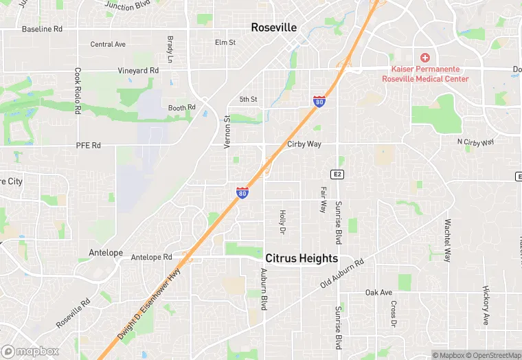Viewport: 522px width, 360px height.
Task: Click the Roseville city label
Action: [273, 28]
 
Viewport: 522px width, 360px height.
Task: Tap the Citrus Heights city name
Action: [302, 258]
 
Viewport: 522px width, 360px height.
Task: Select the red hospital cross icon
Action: [425, 58]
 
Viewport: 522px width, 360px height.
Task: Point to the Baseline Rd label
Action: [42, 30]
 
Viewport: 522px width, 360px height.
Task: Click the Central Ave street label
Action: [108, 45]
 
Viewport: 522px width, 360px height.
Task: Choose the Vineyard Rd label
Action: [137, 71]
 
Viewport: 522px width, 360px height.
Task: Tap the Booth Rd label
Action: [182, 108]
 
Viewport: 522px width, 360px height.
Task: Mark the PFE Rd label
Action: [88, 146]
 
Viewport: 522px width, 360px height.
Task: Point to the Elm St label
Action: [225, 43]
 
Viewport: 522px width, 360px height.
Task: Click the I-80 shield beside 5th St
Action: [319, 102]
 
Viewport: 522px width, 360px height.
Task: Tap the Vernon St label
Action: [227, 131]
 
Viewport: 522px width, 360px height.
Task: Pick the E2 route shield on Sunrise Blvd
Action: [337, 175]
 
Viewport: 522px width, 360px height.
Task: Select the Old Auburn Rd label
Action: [341, 275]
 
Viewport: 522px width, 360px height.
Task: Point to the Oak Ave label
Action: [378, 293]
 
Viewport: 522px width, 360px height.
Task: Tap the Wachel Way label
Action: [447, 240]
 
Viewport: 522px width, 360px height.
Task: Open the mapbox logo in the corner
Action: [30, 351]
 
